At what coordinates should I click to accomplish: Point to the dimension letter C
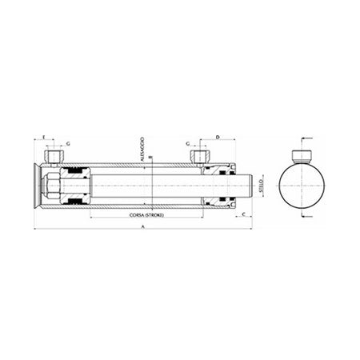[x=242, y=215]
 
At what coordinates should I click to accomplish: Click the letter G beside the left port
[x=69, y=142]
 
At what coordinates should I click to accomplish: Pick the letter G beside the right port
[x=187, y=142]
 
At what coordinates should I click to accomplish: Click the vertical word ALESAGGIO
[x=142, y=153]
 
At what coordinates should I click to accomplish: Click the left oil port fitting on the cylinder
[x=55, y=155]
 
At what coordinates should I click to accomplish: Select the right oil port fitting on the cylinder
[x=198, y=155]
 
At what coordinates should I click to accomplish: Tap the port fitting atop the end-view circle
[x=303, y=155]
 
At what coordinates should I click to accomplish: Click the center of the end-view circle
[x=303, y=187]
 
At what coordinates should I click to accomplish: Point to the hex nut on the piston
[x=50, y=187]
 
